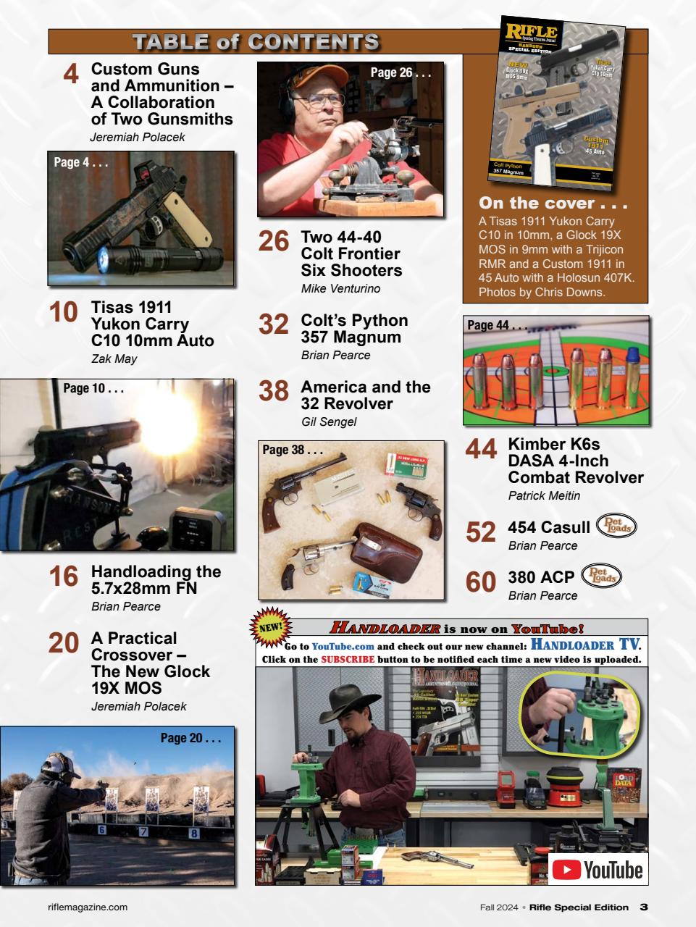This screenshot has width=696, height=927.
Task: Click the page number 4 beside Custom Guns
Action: pos(71,75)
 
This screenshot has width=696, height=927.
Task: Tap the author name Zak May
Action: pos(114,358)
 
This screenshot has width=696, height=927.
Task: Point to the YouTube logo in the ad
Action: pos(598,869)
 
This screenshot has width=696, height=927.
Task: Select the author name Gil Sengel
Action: pos(328,422)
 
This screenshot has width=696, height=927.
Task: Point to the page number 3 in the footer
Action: pos(643,907)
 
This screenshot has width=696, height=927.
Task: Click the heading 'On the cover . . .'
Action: pos(553,204)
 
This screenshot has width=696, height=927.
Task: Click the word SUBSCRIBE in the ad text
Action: pos(348,660)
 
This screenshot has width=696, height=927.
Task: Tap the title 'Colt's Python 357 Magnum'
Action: pos(354,329)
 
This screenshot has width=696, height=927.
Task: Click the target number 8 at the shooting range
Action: pos(193,833)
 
